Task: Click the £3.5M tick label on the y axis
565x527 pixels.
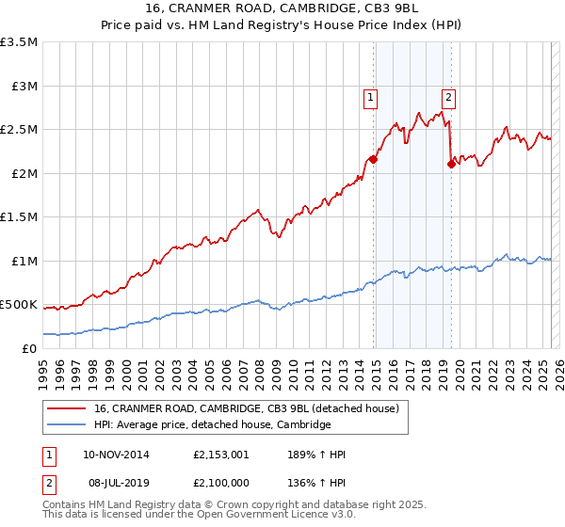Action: tap(19, 43)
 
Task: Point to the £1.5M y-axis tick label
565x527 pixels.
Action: tap(19, 217)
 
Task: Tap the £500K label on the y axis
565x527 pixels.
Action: tap(19, 305)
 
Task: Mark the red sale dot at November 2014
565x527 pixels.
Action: tap(373, 160)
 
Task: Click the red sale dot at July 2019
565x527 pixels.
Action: tap(451, 165)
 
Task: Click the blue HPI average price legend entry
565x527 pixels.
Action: tap(212, 425)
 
